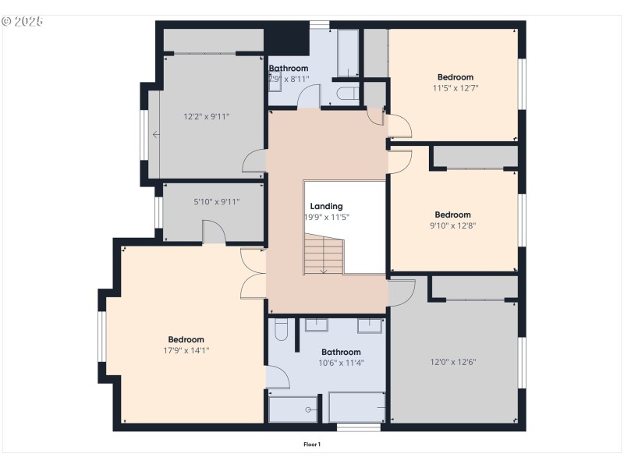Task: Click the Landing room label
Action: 326,207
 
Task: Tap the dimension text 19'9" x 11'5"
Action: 326,218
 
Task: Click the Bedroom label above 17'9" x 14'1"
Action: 186,339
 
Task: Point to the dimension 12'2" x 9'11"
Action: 206,117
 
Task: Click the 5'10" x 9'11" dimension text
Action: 216,201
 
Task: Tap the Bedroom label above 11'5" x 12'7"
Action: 455,77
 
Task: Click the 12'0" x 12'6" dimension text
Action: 453,362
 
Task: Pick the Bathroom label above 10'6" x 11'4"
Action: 341,352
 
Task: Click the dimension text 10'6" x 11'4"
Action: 341,363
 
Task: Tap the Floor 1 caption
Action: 312,445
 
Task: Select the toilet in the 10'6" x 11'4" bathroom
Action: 282,334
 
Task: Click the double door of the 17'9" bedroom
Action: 252,272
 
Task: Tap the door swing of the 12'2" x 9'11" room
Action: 255,161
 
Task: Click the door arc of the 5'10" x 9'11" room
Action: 213,232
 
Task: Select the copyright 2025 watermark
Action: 23,21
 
